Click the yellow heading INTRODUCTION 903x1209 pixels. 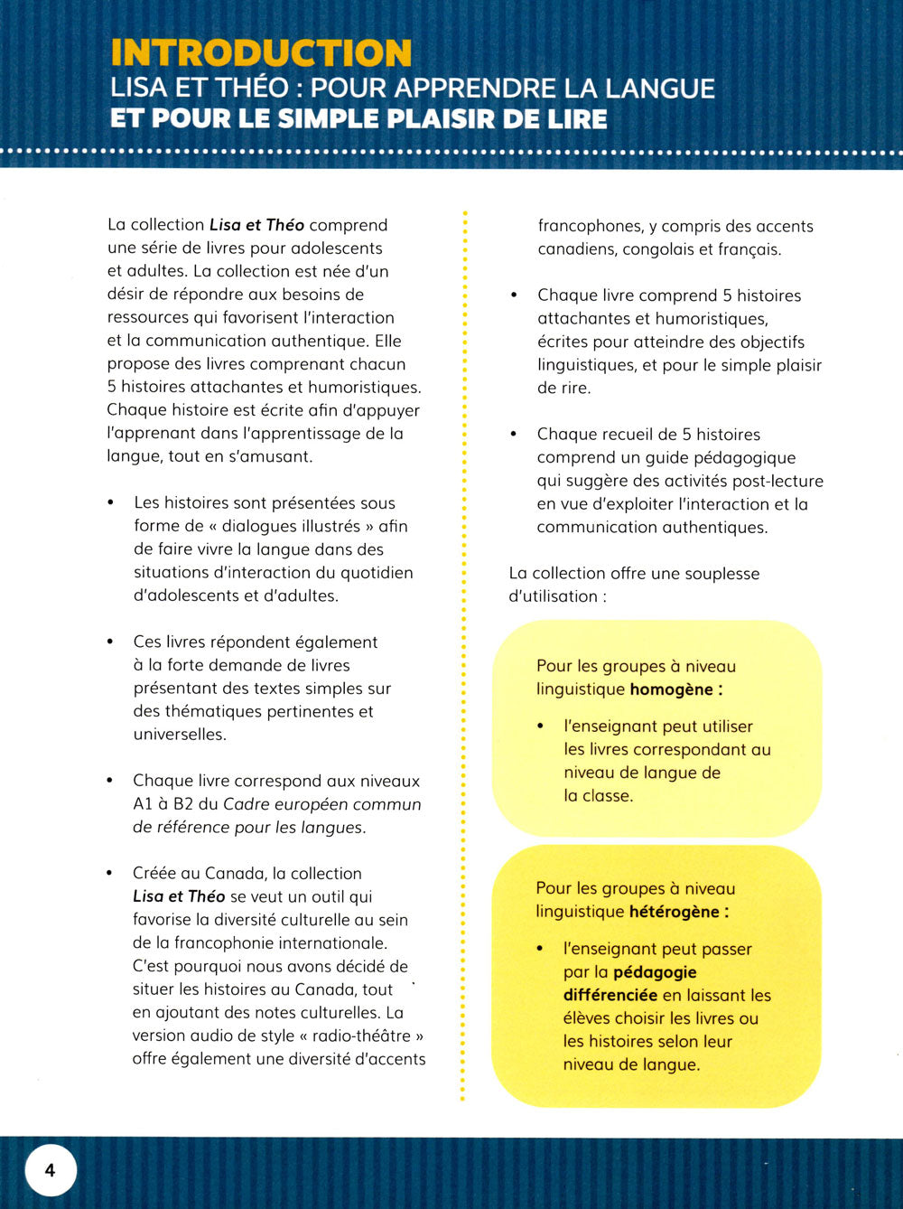(x=261, y=52)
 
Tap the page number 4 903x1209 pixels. (x=50, y=1170)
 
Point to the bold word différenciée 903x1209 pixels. (x=610, y=995)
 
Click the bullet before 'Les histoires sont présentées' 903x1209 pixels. (x=111, y=502)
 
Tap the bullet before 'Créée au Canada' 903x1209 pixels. (x=110, y=873)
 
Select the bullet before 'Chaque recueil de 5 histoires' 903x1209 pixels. (x=514, y=434)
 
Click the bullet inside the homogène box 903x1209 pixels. (x=541, y=726)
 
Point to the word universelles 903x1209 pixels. (x=180, y=735)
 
